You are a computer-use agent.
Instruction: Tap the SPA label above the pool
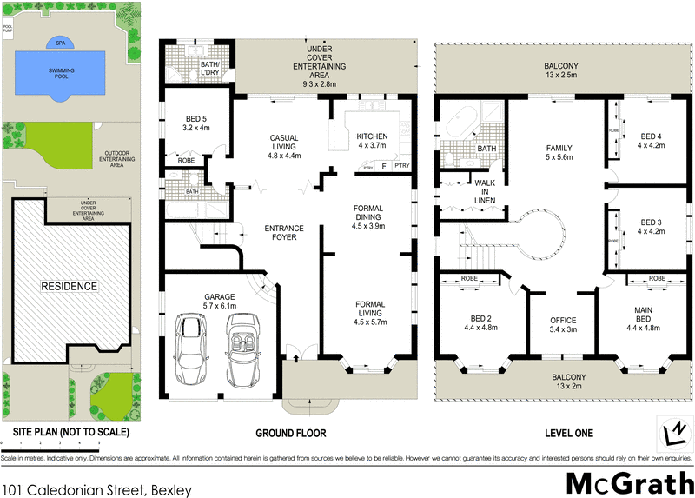click(59, 41)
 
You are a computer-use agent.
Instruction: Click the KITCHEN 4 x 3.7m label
click(372, 141)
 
